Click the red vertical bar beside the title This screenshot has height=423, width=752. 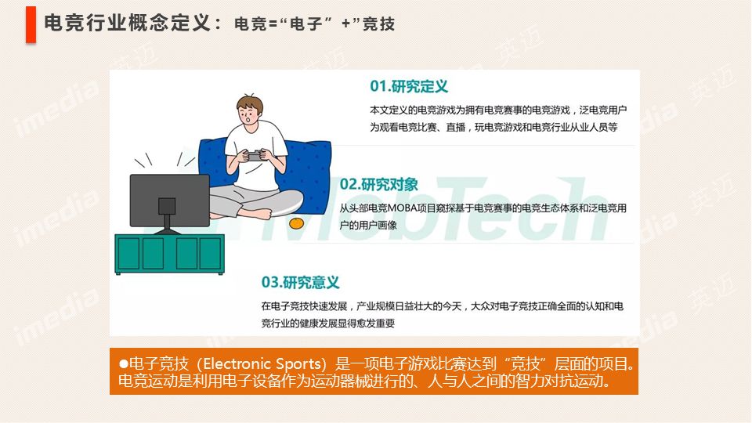point(31,25)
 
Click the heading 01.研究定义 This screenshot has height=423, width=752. point(409,86)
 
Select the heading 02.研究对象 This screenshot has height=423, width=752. point(378,184)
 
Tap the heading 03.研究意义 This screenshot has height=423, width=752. point(300,282)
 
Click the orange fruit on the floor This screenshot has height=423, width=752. point(296,223)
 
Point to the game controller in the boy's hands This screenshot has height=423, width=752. point(254,156)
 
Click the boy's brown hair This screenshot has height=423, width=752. point(250,103)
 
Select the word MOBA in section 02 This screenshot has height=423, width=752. point(402,208)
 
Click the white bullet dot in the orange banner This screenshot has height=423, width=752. point(123,364)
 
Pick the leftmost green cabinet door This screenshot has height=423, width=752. point(128,253)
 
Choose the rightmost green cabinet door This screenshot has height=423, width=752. point(210,253)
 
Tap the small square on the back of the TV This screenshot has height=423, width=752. point(166,206)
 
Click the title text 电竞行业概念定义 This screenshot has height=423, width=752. point(128,23)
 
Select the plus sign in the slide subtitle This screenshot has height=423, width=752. point(345,23)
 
